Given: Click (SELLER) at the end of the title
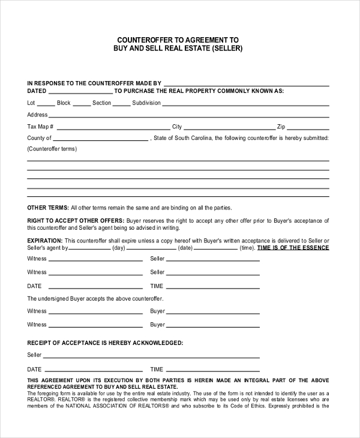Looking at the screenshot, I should (227, 48).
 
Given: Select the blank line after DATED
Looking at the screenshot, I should (80, 92).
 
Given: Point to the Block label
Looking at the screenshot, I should (64, 103).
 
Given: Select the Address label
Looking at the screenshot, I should (37, 115).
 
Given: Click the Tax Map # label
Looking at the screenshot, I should (41, 127).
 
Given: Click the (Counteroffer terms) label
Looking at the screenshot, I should (52, 149).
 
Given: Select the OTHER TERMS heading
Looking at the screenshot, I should (48, 208).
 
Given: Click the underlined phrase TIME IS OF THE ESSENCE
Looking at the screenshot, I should (293, 248).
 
